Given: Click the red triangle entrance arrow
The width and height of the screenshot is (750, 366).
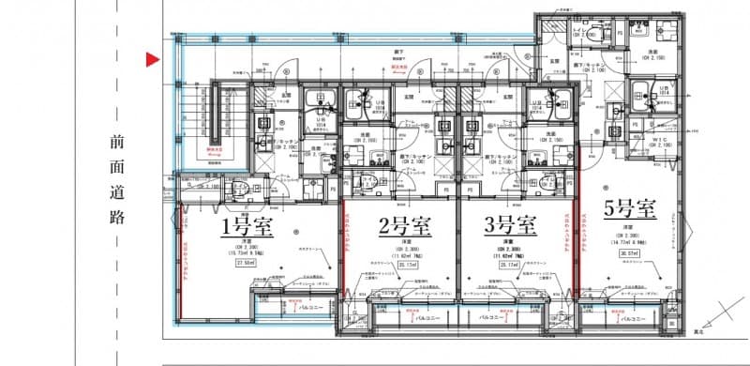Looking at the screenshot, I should point(151,62).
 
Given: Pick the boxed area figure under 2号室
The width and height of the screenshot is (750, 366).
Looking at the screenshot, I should point(404,265).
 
